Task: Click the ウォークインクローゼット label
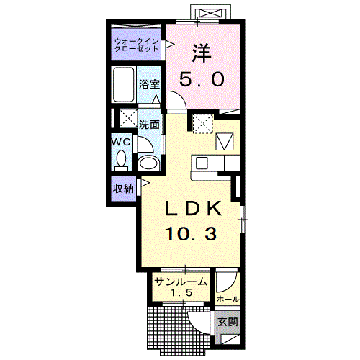pos(136,45)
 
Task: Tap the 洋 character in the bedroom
pos(202,53)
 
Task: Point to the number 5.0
pos(202,79)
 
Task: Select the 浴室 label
pos(149,84)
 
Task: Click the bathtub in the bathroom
pos(124,85)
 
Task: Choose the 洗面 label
pos(149,125)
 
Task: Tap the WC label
pos(122,142)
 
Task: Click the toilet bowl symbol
pos(121,160)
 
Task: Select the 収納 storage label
pos(123,189)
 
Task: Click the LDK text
pos(193,208)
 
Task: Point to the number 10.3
pos(192,234)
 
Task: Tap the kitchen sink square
pos(202,163)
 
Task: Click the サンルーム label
pos(181,282)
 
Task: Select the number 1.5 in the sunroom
pos(181,292)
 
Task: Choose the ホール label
pos(228,300)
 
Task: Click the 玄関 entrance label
pos(228,322)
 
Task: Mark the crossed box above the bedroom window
pos(211,13)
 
